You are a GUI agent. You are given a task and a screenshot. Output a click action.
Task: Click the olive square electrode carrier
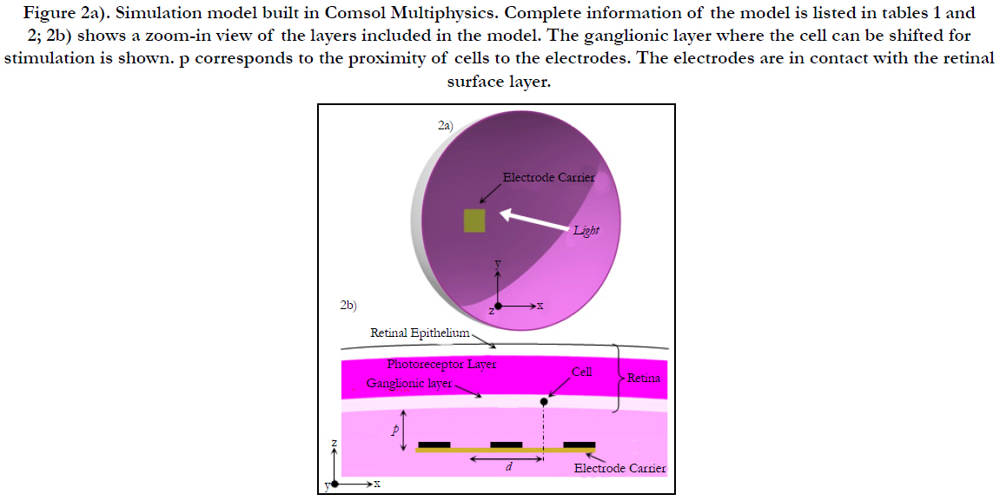click(x=474, y=220)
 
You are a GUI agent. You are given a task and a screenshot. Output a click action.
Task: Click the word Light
click(x=586, y=231)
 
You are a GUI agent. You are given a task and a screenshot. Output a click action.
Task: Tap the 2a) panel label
click(x=445, y=126)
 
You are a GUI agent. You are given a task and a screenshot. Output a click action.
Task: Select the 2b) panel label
click(x=348, y=306)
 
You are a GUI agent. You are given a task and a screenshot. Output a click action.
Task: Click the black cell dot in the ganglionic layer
click(x=544, y=401)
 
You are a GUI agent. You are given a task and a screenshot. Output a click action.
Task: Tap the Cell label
click(x=581, y=372)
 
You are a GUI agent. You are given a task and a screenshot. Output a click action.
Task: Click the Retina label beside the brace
click(x=644, y=378)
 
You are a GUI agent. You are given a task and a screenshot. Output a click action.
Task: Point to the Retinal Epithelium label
click(x=420, y=333)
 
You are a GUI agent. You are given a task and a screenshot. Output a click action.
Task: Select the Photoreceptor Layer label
click(x=441, y=365)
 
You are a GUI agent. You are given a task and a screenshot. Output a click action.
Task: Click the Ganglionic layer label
click(x=409, y=384)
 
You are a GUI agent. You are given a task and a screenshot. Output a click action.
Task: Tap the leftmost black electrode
click(x=434, y=445)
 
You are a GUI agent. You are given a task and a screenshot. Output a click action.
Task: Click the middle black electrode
click(x=507, y=445)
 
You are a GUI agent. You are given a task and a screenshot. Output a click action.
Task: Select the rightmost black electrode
click(x=579, y=445)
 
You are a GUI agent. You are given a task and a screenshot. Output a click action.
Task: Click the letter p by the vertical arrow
click(x=394, y=430)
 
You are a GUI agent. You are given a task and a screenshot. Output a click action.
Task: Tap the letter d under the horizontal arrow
click(x=509, y=467)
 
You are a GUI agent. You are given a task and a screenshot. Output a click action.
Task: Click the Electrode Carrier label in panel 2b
click(x=620, y=469)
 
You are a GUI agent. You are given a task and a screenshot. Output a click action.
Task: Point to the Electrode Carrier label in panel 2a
click(x=548, y=177)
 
